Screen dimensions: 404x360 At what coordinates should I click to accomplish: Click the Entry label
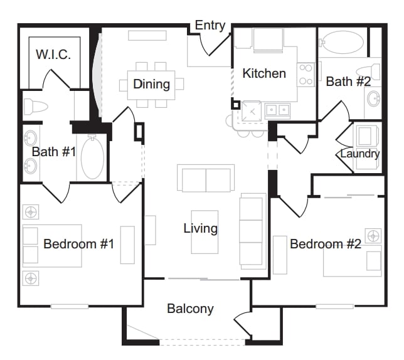click(x=210, y=26)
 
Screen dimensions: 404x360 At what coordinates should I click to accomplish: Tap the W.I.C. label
click(x=53, y=55)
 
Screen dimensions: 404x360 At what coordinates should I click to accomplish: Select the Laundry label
click(x=360, y=154)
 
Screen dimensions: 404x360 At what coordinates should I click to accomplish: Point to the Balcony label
click(x=190, y=309)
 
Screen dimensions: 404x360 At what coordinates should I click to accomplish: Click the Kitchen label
click(x=264, y=73)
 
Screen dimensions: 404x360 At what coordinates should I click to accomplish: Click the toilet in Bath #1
click(x=36, y=106)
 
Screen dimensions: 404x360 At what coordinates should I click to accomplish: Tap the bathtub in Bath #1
click(x=92, y=157)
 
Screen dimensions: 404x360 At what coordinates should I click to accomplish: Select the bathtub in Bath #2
click(x=342, y=42)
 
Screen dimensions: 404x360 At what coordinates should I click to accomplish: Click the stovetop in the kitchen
click(x=306, y=75)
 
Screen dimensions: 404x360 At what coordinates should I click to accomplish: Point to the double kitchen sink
click(x=278, y=110)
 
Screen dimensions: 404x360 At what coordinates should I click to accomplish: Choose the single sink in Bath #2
click(x=373, y=98)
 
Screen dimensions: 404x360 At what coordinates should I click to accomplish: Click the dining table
click(x=151, y=85)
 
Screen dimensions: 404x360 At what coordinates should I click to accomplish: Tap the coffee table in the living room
click(x=205, y=232)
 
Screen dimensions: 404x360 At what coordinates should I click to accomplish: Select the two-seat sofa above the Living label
click(x=206, y=178)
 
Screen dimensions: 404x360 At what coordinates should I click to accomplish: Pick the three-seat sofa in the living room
click(x=253, y=231)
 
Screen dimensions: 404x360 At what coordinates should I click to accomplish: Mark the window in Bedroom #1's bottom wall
click(x=70, y=307)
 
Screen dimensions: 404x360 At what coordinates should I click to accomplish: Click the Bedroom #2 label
click(x=326, y=244)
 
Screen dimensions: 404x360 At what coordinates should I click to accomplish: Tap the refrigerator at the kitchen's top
click(x=268, y=40)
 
